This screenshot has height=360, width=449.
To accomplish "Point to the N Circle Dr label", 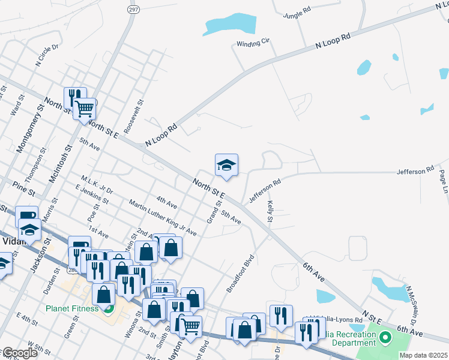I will tap(47, 55).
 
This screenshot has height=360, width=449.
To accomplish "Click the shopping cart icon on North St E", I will tap(85, 109).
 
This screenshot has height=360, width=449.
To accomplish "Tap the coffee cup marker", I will tap(26, 216).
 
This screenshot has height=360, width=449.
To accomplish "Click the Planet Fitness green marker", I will tap(109, 310).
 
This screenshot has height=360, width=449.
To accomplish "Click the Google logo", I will tap(19, 353).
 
